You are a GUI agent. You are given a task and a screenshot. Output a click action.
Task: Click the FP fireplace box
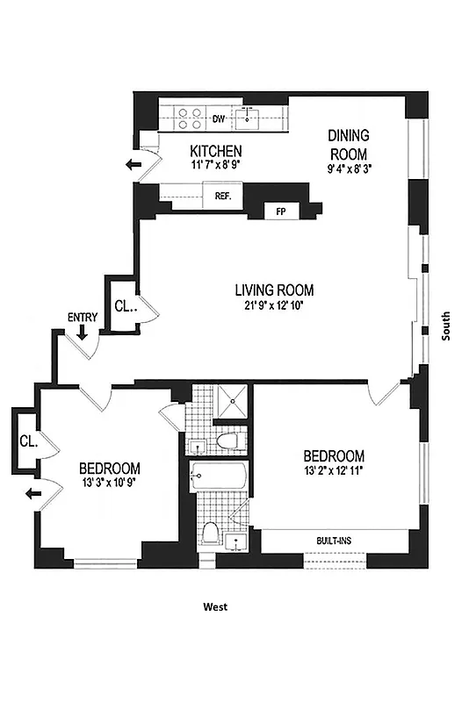click(281, 211)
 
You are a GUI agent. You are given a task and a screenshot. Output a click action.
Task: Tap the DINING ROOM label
click(349, 146)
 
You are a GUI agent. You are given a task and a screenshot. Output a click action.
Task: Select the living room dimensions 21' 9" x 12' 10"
click(274, 306)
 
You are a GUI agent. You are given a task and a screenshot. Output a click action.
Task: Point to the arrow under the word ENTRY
click(82, 332)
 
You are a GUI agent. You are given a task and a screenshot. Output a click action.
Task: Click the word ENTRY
click(82, 316)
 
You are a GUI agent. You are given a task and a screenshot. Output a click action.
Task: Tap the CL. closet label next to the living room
click(124, 306)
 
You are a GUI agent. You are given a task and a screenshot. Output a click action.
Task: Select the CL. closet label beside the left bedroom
click(28, 441)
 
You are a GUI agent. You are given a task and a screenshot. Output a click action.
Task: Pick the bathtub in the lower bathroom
click(221, 479)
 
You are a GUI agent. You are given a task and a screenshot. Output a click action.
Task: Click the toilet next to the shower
click(227, 440)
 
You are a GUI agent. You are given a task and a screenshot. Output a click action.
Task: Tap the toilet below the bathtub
click(211, 534)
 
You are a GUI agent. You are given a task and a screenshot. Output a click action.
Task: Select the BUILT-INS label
click(335, 541)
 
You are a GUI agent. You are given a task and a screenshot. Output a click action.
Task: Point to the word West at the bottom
click(215, 606)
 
